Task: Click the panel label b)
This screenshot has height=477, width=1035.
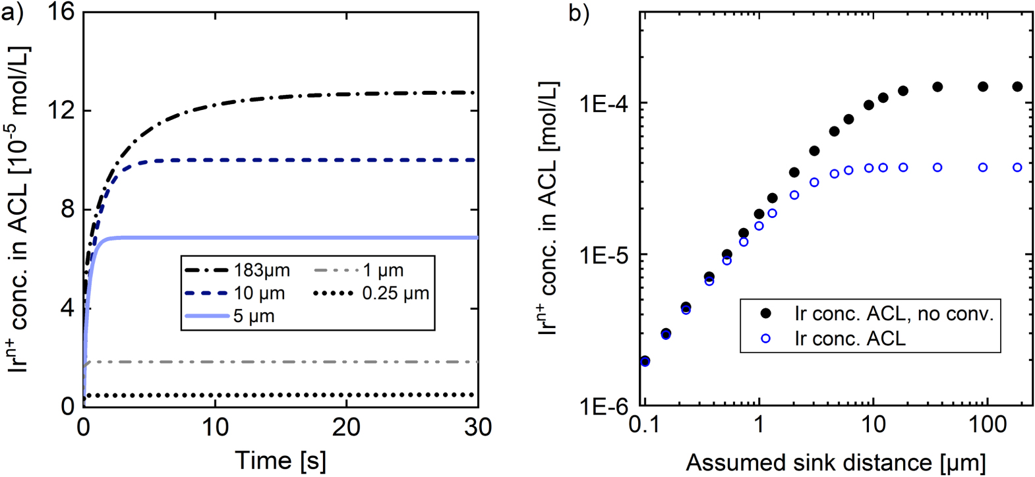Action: (579, 14)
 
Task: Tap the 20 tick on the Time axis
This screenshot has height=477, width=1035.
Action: (346, 428)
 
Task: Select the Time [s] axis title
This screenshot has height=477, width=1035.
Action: (280, 461)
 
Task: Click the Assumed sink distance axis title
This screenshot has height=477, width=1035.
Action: (836, 463)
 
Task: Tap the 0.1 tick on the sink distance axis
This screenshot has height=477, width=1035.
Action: (645, 424)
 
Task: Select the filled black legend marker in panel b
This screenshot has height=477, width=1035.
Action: (765, 314)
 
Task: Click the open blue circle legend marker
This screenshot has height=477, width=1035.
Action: (765, 339)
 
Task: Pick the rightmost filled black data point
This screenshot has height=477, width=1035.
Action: (1017, 87)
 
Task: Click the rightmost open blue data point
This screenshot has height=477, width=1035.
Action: (1017, 167)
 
